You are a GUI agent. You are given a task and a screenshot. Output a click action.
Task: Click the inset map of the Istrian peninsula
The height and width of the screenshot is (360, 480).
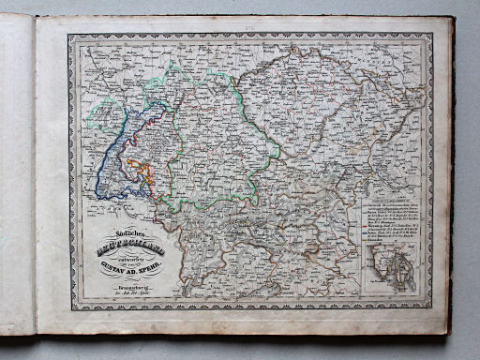point(395,267)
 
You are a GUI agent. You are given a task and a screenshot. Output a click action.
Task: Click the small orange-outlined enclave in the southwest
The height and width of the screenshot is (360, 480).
point(141,170)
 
